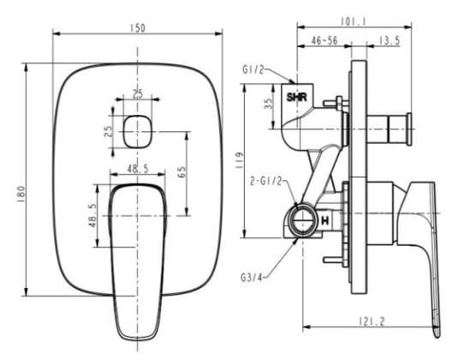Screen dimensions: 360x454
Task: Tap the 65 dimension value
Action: click(182, 171)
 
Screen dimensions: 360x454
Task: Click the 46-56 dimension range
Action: click(325, 40)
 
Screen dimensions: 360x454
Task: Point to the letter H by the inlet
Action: click(325, 221)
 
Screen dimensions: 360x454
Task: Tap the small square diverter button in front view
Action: click(137, 131)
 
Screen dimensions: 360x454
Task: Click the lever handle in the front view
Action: click(137, 249)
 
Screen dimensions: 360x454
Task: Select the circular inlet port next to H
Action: click(302, 220)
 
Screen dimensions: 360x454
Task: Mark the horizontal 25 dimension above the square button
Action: click(138, 94)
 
